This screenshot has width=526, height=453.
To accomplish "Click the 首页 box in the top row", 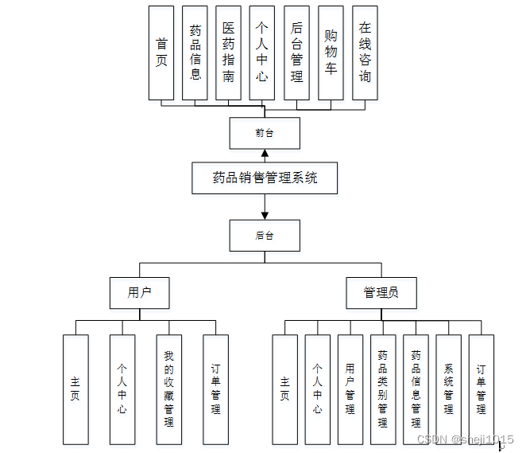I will coord(161,53).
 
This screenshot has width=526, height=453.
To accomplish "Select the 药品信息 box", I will coord(195,53).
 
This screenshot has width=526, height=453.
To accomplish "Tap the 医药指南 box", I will coord(229,53).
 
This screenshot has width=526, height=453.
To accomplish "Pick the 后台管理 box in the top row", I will coord(296,53).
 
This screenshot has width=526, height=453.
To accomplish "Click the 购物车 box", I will coord(331,53).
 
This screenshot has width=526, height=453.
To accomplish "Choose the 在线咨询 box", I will coord(365,53).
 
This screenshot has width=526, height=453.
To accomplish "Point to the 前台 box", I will coord(265,133).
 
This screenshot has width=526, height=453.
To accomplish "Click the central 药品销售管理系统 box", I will coord(265,178).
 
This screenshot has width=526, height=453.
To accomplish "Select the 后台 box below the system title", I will coord(265,236).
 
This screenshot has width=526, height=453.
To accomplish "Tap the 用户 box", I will coord(140,293).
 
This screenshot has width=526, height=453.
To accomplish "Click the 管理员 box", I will coord(381,293).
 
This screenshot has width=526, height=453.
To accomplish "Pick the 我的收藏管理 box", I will coord(168,389).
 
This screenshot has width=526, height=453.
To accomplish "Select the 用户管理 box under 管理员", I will coord(350,389).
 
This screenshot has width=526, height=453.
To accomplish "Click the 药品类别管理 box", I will coord(382,389).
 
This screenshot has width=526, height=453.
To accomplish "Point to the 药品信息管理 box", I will coord(416,389).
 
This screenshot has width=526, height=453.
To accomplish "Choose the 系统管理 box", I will coord(448,389).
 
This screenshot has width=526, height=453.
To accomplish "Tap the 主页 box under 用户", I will coord(75,389).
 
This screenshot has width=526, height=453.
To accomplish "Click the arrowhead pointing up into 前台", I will coord(265,154).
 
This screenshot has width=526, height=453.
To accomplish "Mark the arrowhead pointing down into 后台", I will coord(265,215).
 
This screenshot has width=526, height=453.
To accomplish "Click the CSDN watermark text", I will coord(465,439).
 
